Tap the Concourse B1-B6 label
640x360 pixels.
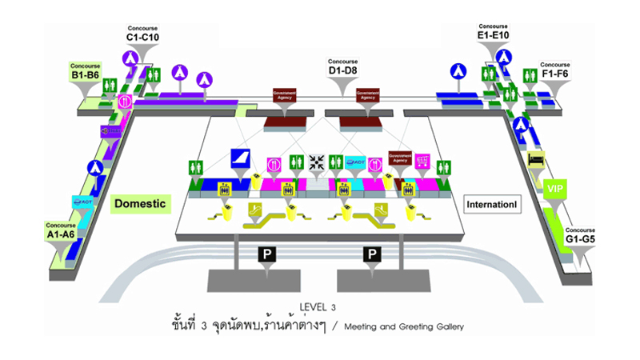(84, 71)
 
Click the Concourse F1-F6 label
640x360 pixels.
(555, 70)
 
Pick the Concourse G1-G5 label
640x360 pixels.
(580, 234)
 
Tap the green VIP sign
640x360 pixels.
(554, 189)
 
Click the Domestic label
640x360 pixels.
(139, 204)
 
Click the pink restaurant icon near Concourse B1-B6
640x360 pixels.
(125, 102)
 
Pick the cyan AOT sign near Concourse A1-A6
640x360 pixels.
(84, 202)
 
